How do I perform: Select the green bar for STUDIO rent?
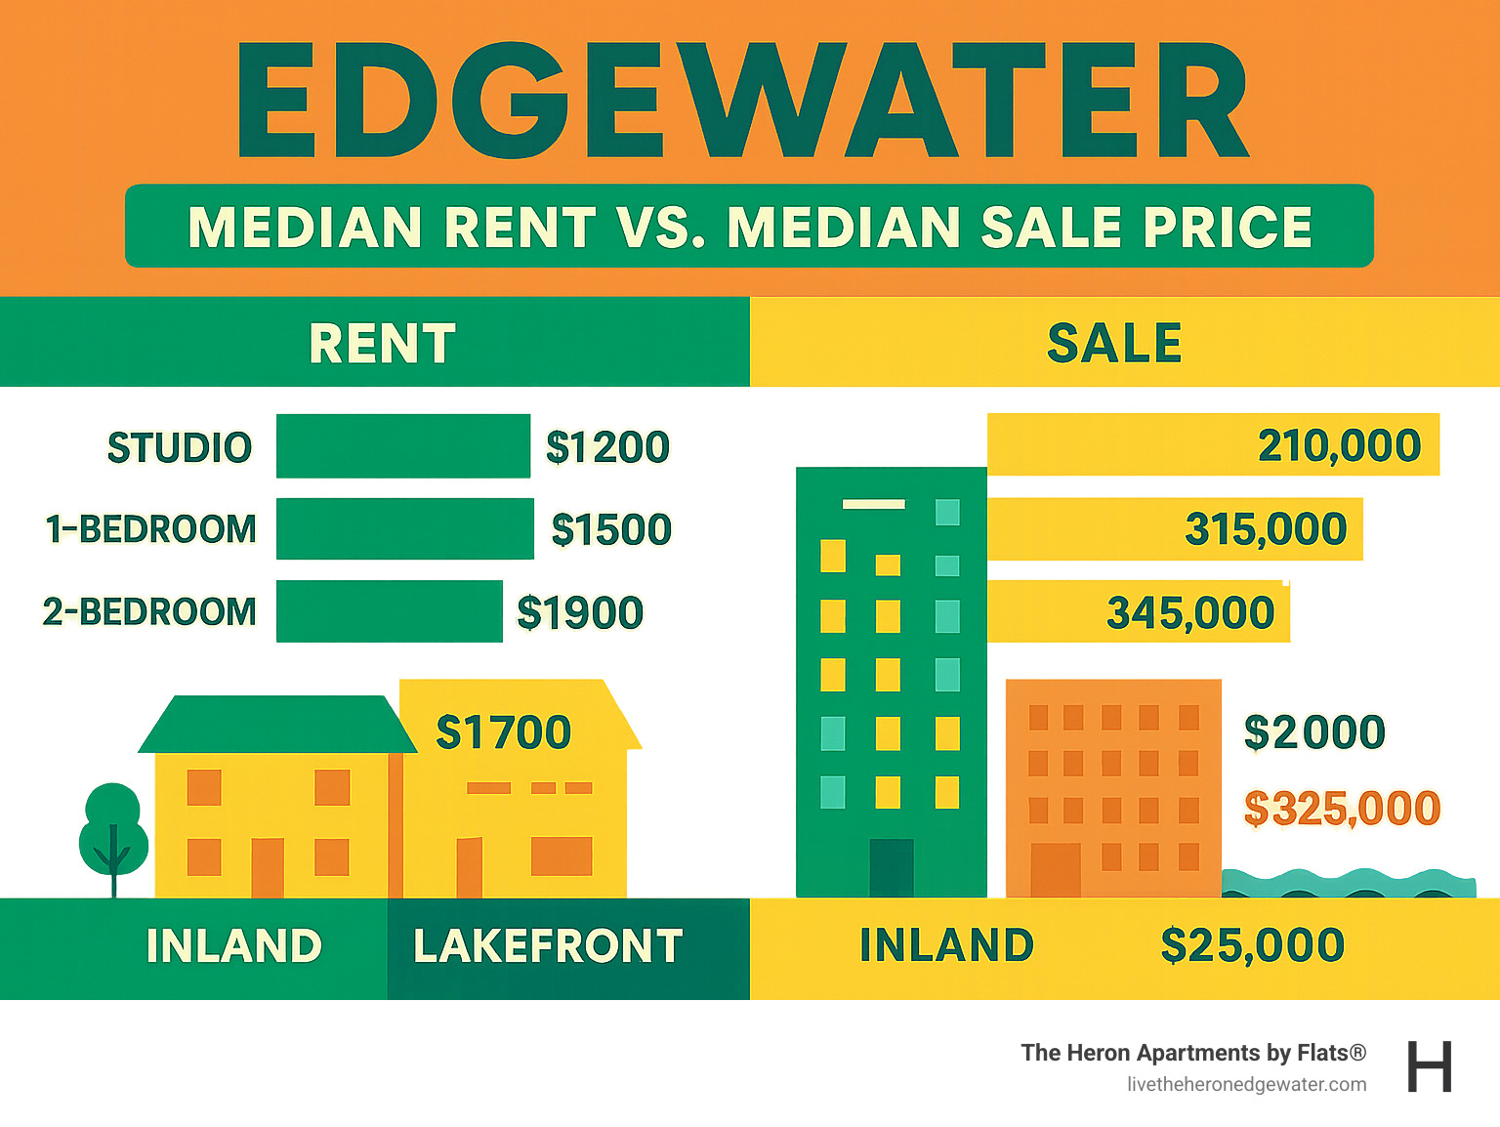tap(402, 446)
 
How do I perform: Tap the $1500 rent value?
tap(611, 529)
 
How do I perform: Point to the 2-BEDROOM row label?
tap(149, 612)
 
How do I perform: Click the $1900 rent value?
tap(580, 613)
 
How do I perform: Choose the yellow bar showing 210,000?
tap(1213, 445)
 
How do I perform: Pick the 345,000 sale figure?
tap(1190, 613)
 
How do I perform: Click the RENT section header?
tap(382, 344)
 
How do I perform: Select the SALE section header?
tap(1114, 344)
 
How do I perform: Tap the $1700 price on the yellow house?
tap(503, 732)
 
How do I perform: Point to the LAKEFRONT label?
tap(548, 946)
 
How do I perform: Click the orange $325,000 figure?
tap(1342, 809)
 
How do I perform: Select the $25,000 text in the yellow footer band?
tap(1252, 946)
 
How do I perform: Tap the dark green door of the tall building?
tap(891, 867)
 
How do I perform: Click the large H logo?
tap(1430, 1066)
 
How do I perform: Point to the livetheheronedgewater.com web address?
tap(1246, 1084)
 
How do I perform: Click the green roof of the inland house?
tap(276, 725)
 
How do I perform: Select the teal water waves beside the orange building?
tap(1348, 883)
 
